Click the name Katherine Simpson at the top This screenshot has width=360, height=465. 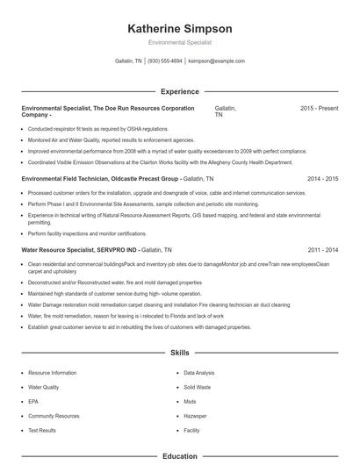179,28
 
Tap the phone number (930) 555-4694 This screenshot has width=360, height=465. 164,61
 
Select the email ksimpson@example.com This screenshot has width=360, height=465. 216,61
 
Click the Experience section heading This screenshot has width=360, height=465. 179,91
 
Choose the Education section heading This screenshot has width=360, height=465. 179,456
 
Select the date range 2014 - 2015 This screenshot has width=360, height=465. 322,177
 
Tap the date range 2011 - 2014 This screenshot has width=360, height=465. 322,249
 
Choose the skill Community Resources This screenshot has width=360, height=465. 48,416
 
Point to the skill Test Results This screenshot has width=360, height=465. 42,430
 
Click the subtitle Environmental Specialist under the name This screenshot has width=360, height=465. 179,42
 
